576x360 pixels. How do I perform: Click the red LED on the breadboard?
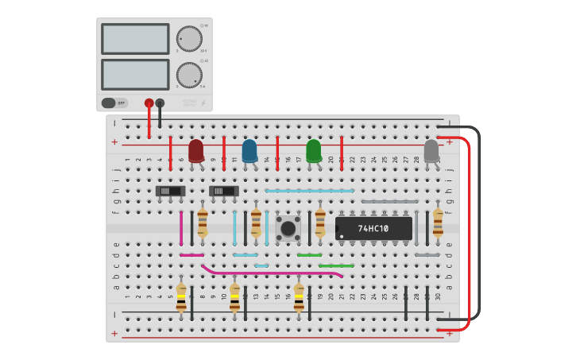coord(195,150)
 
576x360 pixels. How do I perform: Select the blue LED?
coord(249,150)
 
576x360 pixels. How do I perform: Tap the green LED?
coord(314,150)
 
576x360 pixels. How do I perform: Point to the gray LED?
coord(431,151)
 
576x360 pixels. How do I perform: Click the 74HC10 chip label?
coord(373,229)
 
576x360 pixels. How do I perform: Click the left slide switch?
coord(170,191)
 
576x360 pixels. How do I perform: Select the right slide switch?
coord(224,191)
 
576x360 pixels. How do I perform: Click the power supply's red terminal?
coord(149,103)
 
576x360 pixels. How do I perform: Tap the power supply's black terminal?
coord(160,103)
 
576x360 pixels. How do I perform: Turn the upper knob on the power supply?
coord(189,38)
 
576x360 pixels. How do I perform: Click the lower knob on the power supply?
coord(189,75)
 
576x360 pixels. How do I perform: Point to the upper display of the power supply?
coord(135,38)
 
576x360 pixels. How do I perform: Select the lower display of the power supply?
coord(135,75)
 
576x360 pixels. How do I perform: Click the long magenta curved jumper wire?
coord(270,273)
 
